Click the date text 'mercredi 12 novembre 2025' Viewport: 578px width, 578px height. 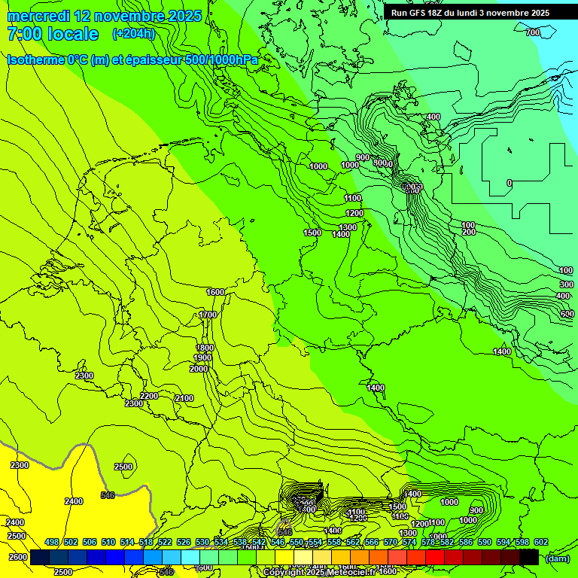tap(104, 16)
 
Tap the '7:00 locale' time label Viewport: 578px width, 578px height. tap(53, 34)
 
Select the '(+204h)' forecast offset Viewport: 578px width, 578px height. tap(133, 33)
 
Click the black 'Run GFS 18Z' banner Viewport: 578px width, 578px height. tap(470, 13)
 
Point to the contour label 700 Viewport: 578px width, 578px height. tap(532, 32)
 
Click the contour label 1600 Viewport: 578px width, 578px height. tap(215, 292)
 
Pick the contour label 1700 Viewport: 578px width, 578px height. tap(208, 315)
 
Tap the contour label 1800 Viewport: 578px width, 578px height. tap(205, 348)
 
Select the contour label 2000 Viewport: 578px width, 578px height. tap(199, 369)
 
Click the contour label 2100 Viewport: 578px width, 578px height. tap(184, 398)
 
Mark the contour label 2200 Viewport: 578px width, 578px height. tap(149, 396)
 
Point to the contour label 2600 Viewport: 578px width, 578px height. tap(17, 557)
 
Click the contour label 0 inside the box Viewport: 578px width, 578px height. tap(510, 183)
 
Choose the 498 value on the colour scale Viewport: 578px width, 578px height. tap(52, 542)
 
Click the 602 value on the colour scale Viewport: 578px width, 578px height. tap(540, 542)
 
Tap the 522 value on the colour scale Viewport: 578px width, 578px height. tap(165, 542)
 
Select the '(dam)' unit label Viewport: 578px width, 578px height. tap(557, 558)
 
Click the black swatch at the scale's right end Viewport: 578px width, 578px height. tap(529, 557)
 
